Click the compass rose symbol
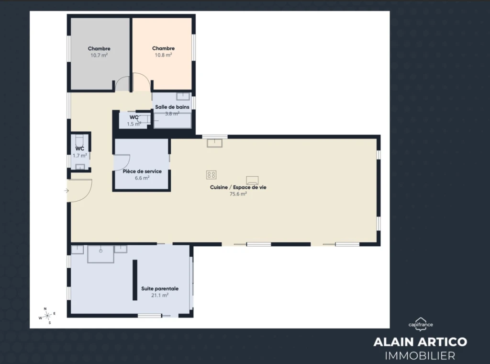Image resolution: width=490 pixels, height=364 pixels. pyautogui.click(x=47, y=316)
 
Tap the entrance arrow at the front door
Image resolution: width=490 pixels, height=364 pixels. pyautogui.click(x=67, y=191)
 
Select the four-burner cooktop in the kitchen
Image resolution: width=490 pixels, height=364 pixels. pyautogui.click(x=211, y=175)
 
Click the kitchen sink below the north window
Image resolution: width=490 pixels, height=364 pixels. pyautogui.click(x=215, y=143)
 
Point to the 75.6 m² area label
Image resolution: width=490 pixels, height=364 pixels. pyautogui.click(x=238, y=194)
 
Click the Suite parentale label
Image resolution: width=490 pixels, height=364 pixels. pyautogui.click(x=160, y=289)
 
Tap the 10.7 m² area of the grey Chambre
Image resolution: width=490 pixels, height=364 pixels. pyautogui.click(x=99, y=56)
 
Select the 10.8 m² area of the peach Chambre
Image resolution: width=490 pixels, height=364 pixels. pyautogui.click(x=164, y=55)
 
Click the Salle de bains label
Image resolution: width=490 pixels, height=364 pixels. pyautogui.click(x=172, y=107)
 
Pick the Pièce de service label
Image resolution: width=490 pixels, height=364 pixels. pyautogui.click(x=142, y=171)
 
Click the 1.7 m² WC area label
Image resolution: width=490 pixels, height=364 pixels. pyautogui.click(x=80, y=156)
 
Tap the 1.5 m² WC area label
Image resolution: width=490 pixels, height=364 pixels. pyautogui.click(x=134, y=124)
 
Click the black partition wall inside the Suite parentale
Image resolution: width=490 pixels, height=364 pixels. pyautogui.click(x=135, y=280)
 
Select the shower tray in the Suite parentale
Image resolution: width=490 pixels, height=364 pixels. pyautogui.click(x=100, y=254)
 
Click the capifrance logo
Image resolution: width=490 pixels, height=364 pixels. pyautogui.click(x=421, y=324)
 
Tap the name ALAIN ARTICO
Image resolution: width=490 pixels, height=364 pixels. pyautogui.click(x=420, y=342)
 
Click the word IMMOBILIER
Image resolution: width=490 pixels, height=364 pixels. pyautogui.click(x=420, y=356)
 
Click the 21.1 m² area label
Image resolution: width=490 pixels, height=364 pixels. pyautogui.click(x=160, y=295)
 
